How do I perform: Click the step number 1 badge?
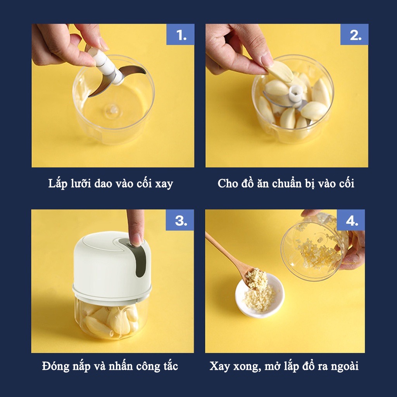click(180, 35)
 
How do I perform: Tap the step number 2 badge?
click(354, 35)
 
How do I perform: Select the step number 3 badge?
click(180, 220)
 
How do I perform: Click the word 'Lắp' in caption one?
click(58, 184)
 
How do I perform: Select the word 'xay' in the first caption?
click(164, 184)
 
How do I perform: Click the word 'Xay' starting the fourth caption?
click(219, 366)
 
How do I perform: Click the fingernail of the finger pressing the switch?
click(136, 239)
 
